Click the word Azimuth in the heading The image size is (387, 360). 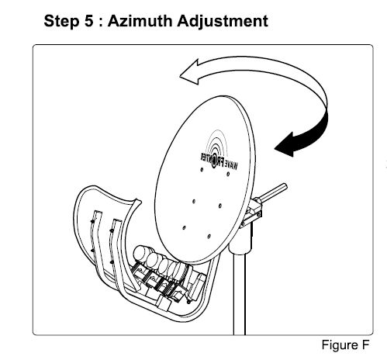point(140,20)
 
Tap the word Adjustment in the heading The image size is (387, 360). point(223,21)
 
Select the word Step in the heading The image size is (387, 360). point(60,21)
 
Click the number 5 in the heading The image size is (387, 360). point(88,21)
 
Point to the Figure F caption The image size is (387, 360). point(345,344)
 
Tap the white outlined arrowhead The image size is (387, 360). point(190,72)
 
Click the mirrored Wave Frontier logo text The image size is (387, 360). point(219,161)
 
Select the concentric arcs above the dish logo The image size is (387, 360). point(219,142)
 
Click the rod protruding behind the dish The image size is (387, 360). point(273,192)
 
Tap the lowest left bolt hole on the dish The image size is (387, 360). point(184,228)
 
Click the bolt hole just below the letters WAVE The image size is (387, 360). point(228,174)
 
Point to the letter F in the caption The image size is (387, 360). point(365,344)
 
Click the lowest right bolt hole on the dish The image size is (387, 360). point(209,237)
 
